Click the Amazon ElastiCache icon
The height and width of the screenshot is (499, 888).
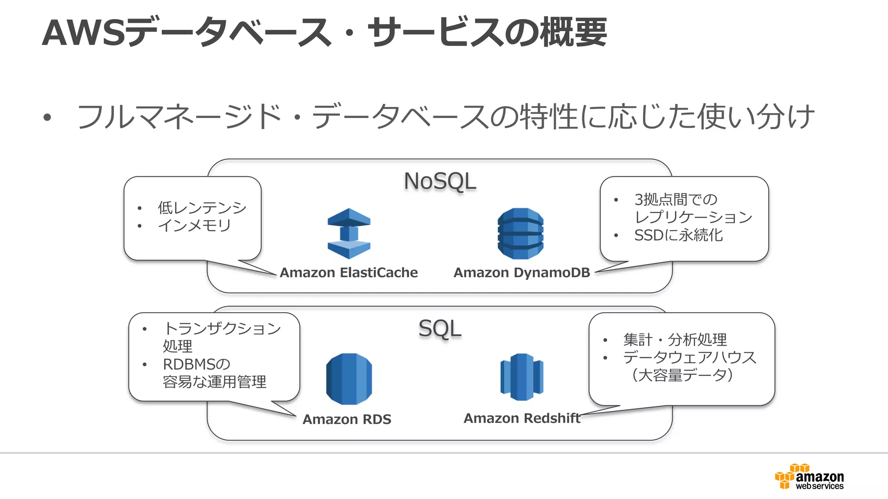pos(349,233)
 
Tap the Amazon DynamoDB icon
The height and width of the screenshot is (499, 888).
pos(520,233)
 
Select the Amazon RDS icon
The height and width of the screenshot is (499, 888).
pos(349,379)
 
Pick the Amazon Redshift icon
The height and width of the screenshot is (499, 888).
pos(522,377)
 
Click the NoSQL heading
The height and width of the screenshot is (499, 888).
pos(440,181)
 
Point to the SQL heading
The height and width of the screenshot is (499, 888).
pos(440,329)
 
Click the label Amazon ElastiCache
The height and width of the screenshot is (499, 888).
pos(349,272)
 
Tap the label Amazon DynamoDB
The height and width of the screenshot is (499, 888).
pos(522,272)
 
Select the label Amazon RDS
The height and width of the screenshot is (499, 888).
pos(347,419)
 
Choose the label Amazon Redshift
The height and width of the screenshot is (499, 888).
pos(522,418)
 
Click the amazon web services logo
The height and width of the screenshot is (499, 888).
pos(810,477)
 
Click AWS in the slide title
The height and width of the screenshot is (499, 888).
pos(84,33)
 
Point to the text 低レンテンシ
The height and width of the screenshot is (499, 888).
pos(202,208)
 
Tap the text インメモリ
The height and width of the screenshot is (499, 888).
pos(194,226)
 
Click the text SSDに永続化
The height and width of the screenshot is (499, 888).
pos(678,235)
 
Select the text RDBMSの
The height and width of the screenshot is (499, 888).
pos(196,364)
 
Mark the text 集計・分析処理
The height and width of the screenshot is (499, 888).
pos(675,340)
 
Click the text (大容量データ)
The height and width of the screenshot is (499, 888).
pos(682,375)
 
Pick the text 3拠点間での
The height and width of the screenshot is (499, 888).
pos(676,200)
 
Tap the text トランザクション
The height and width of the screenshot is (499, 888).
pos(222,328)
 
